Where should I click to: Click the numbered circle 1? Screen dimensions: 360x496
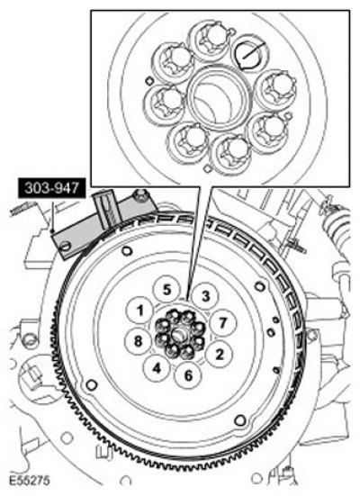(x=139, y=311)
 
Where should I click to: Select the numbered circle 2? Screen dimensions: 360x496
(x=219, y=354)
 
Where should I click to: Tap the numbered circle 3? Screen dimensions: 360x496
(x=206, y=296)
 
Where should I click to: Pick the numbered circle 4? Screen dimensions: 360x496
(x=157, y=368)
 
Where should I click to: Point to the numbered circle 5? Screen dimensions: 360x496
(x=166, y=290)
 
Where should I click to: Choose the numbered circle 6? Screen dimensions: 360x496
(x=188, y=375)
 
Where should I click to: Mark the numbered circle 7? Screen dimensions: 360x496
(x=223, y=322)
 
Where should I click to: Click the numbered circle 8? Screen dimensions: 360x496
(x=139, y=341)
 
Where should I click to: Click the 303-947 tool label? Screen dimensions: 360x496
(x=52, y=188)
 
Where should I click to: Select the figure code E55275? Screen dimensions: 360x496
(x=29, y=481)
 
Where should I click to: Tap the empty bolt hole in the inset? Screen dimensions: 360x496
(x=249, y=55)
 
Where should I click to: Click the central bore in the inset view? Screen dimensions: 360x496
(x=219, y=98)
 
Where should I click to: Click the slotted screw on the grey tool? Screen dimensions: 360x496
(x=66, y=246)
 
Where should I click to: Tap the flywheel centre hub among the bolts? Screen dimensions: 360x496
(x=179, y=333)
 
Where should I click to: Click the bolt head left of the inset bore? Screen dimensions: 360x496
(x=164, y=102)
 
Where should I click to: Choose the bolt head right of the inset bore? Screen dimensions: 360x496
(x=276, y=87)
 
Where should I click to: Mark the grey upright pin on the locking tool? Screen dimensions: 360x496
(x=107, y=210)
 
